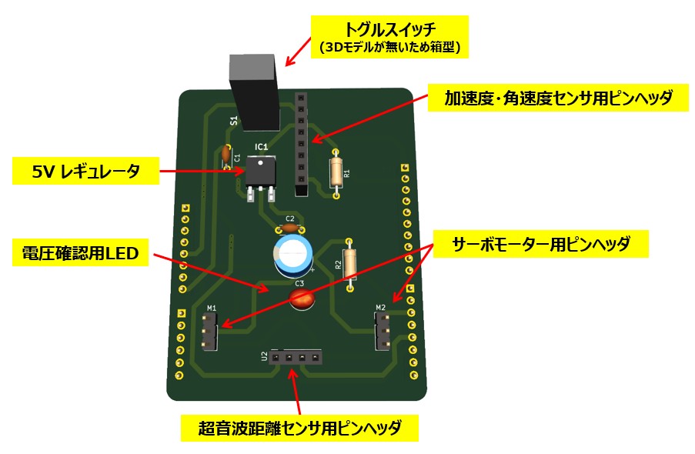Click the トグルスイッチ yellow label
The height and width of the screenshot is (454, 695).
[389, 38]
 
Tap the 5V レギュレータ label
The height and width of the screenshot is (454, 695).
[86, 171]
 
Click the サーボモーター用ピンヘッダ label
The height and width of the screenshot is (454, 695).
[541, 245]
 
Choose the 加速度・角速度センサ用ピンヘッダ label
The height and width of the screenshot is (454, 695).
[559, 98]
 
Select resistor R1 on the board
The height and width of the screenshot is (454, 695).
[336, 172]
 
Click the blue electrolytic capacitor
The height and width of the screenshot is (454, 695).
[293, 254]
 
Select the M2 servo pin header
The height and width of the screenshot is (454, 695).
[383, 330]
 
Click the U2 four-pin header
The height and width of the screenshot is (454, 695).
[296, 358]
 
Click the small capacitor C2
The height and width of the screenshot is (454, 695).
[289, 228]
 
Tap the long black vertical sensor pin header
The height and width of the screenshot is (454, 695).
[301, 142]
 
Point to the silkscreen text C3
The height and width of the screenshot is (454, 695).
[300, 283]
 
